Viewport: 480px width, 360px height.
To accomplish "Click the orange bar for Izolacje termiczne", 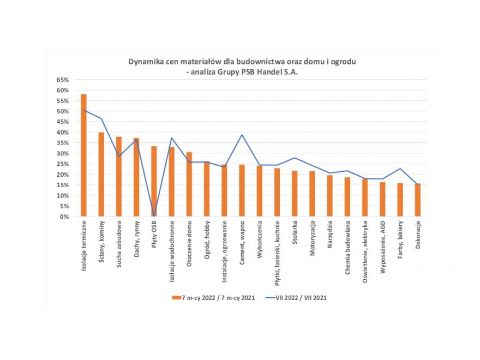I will point(83,155).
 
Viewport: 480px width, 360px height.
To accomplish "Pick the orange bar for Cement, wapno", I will point(242,190).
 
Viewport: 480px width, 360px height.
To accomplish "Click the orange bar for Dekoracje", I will point(418,200).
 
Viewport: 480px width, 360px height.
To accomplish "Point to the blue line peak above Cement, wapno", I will point(242,135).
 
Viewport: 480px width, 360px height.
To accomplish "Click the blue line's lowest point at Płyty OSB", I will point(154,215).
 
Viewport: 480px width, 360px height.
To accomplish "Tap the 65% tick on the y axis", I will point(63,80).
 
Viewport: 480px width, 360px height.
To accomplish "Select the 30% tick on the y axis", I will point(63,153).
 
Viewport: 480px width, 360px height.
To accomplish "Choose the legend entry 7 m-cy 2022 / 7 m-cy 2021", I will point(210,298).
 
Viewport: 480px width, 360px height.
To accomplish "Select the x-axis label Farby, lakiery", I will point(400,238).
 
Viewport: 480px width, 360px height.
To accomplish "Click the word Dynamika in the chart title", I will point(146,62).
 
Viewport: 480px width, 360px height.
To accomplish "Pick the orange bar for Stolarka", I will point(295,194).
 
